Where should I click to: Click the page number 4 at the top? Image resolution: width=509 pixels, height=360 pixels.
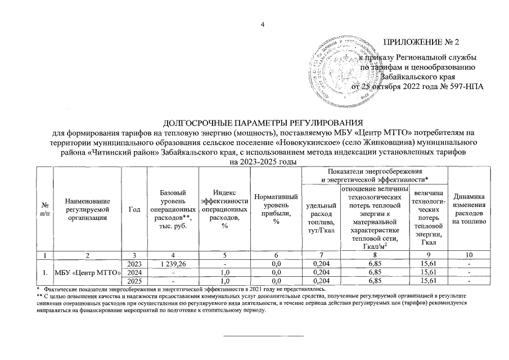pos(262,24)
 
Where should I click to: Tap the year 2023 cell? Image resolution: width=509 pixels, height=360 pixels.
pos(134,264)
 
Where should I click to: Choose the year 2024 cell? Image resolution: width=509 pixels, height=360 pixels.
pos(134,272)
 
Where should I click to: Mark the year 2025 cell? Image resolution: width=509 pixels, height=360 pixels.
pos(134,281)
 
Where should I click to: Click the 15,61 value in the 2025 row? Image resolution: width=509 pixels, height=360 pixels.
pos(429,281)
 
